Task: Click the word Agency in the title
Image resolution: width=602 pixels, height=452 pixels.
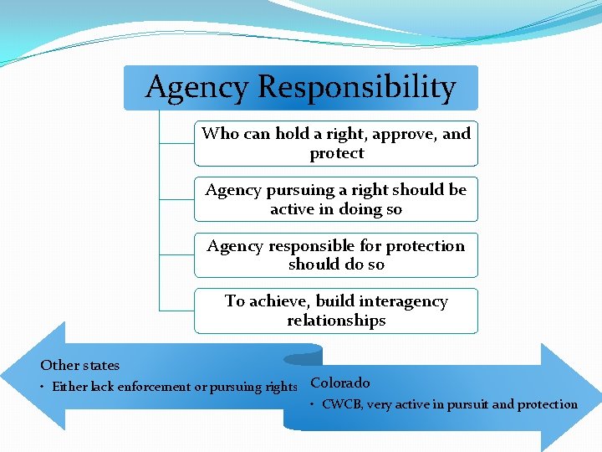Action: click(x=196, y=88)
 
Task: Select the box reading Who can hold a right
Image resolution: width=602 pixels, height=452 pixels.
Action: click(x=336, y=143)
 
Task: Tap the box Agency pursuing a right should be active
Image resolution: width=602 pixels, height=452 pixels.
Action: click(x=336, y=199)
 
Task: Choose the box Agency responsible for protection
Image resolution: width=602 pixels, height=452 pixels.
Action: click(x=336, y=254)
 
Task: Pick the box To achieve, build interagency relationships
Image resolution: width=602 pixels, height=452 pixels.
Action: click(x=336, y=311)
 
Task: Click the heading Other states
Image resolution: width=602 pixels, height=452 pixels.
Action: click(x=80, y=365)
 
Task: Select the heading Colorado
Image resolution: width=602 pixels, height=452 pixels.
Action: click(x=339, y=383)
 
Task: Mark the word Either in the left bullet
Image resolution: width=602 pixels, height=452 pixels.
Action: click(x=69, y=387)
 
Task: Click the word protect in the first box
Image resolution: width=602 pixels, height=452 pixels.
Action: click(x=336, y=153)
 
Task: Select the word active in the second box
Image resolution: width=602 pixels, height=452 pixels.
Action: click(x=295, y=209)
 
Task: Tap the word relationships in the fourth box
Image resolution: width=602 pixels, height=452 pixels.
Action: click(x=336, y=321)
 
